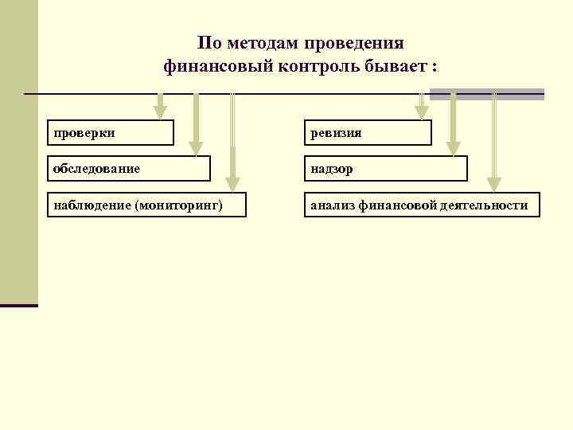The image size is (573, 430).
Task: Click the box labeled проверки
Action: coord(110,133)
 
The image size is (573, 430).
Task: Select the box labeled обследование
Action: coord(129,169)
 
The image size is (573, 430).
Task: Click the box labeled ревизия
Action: coord(368,133)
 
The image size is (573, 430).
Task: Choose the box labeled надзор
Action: coord(386,169)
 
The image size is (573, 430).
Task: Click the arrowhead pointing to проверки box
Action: coord(160,113)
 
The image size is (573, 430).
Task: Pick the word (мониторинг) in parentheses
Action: coord(179,205)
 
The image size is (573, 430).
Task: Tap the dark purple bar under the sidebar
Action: coord(19,305)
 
